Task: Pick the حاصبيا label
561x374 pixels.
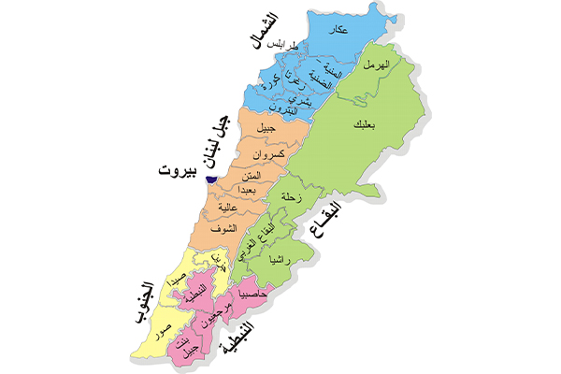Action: [x=253, y=294]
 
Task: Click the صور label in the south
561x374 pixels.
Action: [x=164, y=329]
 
